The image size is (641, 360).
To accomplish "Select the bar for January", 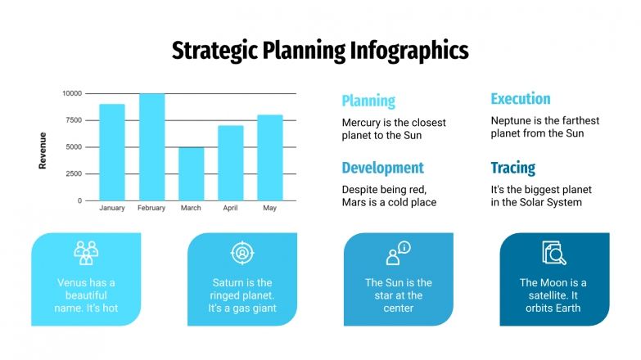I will point(112,152).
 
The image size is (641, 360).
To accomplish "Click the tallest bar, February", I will point(151,147).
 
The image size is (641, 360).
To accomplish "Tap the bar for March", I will point(191,173).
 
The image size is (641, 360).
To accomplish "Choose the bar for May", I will point(269,157).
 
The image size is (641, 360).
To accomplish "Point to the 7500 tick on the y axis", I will point(72,120).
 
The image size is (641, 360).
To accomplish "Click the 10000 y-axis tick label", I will point(71,93).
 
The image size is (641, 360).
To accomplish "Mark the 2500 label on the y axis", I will point(72,173).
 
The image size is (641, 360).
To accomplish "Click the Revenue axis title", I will point(43,151).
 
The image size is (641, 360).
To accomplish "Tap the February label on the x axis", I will point(151,208).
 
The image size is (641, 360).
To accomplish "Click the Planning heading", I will point(368,101).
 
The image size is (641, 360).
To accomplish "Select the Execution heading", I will point(520,99).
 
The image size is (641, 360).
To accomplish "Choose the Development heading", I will point(382,168).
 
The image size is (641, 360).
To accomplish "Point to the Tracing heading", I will point(512,168).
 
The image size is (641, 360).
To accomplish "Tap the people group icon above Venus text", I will point(86,252).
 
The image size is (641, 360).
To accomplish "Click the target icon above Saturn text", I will point(242,252).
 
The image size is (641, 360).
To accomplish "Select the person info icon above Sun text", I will point(398,253).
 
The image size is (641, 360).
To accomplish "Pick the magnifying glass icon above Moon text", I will point(554,253).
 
